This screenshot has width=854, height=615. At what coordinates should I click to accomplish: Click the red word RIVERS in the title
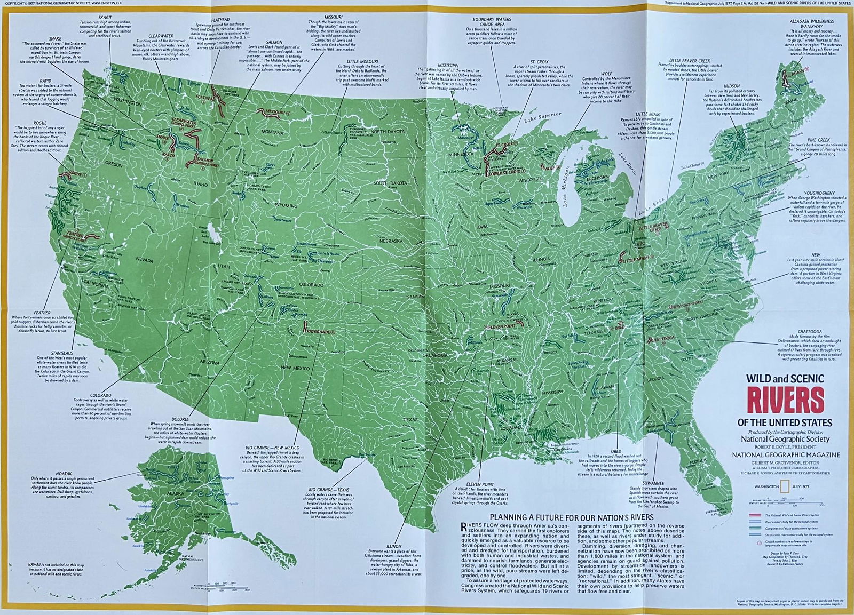(x=778, y=401)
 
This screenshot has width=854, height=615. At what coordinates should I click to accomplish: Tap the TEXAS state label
(x=410, y=420)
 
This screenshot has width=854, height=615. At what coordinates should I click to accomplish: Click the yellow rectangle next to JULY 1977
(x=785, y=486)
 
